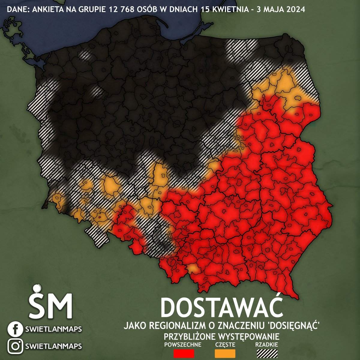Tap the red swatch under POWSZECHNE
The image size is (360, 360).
[x=184, y=353]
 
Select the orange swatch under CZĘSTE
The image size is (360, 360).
[x=225, y=353]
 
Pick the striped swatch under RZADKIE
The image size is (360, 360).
[x=267, y=353]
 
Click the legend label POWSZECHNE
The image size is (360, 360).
[x=183, y=344]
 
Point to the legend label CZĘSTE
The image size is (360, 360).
[x=225, y=344]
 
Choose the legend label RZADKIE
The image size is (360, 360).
[x=267, y=344]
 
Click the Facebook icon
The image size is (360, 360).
[x=14, y=329]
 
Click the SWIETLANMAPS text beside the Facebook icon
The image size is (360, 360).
[x=53, y=329]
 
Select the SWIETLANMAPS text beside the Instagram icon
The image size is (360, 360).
[x=53, y=346]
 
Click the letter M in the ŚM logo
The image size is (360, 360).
[x=60, y=307]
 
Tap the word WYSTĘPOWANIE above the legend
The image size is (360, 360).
[x=246, y=335]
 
